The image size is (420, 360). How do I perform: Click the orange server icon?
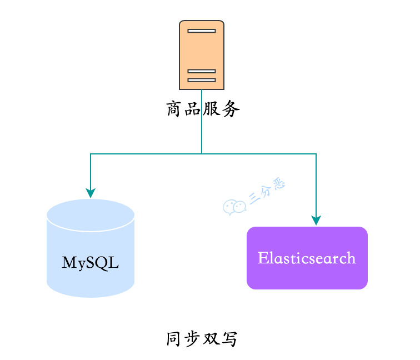(x=202, y=54)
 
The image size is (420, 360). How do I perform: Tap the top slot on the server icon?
(x=202, y=31)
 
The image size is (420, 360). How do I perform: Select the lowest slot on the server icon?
(x=202, y=80)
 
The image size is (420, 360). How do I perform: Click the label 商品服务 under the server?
(x=203, y=109)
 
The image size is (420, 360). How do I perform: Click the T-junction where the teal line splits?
(x=202, y=153)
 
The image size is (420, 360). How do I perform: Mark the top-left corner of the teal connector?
(x=91, y=154)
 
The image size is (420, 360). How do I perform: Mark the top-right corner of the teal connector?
(x=316, y=154)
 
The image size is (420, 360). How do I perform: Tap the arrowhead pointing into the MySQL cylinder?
(x=91, y=193)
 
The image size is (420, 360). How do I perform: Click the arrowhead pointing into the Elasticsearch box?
(x=316, y=221)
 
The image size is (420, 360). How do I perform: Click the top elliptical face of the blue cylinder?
(x=91, y=214)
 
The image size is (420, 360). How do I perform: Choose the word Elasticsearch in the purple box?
(x=307, y=258)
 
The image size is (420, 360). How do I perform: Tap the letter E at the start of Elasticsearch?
(x=262, y=258)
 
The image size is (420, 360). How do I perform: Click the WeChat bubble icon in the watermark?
(x=234, y=207)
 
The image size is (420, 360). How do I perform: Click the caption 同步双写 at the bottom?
(x=203, y=339)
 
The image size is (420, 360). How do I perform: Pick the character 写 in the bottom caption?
(x=231, y=339)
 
